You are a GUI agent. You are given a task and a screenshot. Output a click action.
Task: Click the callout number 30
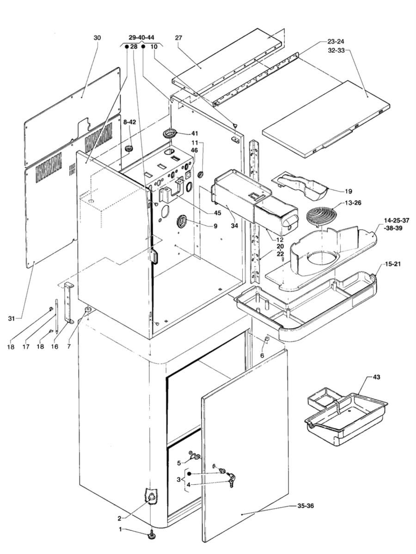click(x=97, y=38)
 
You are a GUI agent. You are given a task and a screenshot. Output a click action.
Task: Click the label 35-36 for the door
click(x=304, y=506)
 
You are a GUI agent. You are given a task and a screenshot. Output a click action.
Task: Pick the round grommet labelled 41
click(x=170, y=134)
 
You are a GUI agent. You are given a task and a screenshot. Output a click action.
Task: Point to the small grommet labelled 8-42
click(x=129, y=149)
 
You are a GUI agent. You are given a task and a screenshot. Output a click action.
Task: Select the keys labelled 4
click(x=230, y=482)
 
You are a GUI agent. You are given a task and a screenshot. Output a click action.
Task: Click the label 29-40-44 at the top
click(x=141, y=38)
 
